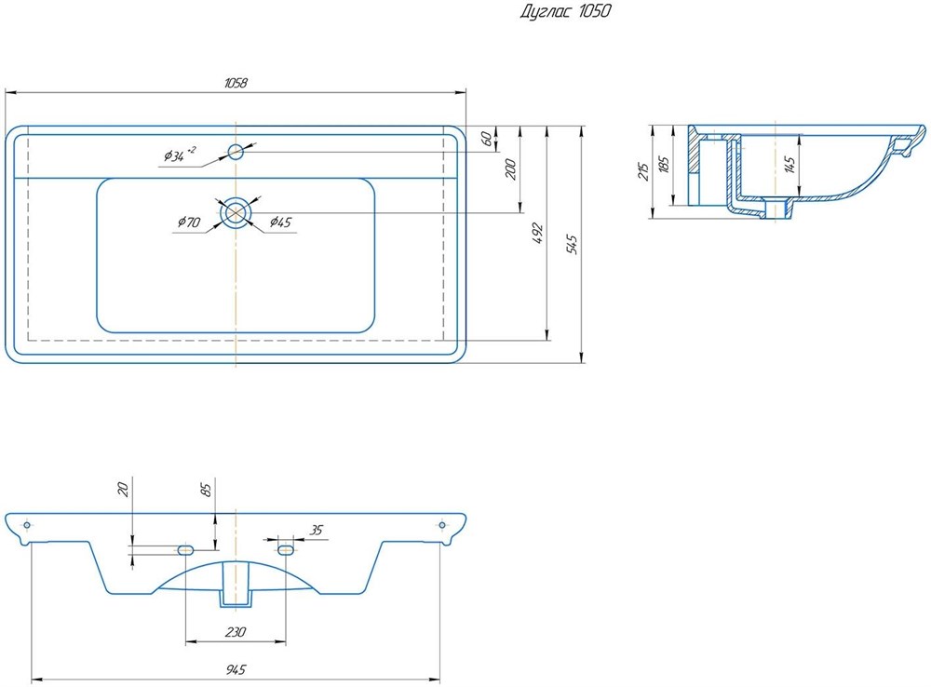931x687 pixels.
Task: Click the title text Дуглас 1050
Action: [565, 11]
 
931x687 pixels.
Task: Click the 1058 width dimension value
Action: [236, 83]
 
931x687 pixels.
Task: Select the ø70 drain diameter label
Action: [189, 222]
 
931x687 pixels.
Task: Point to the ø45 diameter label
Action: [280, 222]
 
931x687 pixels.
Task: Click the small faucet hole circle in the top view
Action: [236, 152]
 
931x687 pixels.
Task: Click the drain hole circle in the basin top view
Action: [236, 212]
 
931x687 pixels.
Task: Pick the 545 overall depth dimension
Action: [573, 245]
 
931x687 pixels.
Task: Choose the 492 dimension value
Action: [538, 234]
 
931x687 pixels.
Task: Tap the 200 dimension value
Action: [510, 169]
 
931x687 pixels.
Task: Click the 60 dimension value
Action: [486, 139]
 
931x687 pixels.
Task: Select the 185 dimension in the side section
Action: [665, 164]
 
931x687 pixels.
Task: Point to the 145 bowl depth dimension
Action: [789, 165]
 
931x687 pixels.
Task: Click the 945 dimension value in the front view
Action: [236, 670]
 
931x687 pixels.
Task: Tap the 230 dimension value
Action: [236, 632]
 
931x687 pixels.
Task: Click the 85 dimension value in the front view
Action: [206, 490]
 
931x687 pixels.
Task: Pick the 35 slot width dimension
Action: [317, 530]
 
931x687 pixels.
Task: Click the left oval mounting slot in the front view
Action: [185, 549]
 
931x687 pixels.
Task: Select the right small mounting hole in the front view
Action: [441, 525]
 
